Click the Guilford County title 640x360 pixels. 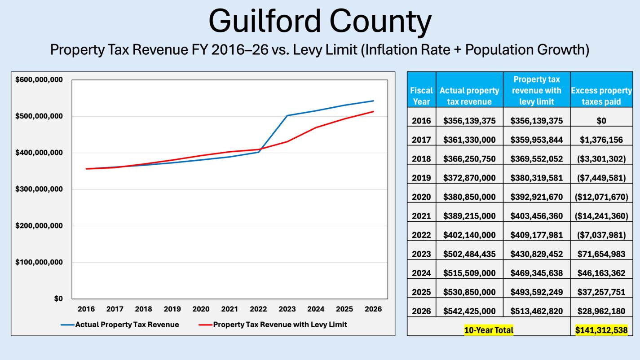(x=320, y=22)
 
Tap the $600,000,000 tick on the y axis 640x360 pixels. (x=39, y=80)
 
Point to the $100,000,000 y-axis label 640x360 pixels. (x=39, y=262)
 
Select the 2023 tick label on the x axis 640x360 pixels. (x=287, y=309)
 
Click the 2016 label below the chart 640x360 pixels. (x=86, y=309)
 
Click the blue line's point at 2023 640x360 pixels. (x=287, y=115)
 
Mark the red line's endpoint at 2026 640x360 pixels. (x=373, y=112)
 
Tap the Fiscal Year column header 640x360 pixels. (x=421, y=96)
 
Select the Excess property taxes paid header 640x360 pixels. (x=601, y=96)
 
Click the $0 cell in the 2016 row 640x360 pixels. (x=601, y=121)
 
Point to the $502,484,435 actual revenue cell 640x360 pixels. (x=469, y=254)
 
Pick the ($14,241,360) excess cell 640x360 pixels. (x=601, y=216)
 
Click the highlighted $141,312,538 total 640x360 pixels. (x=601, y=330)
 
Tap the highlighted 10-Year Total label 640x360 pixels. (x=489, y=330)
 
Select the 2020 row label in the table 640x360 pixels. (x=421, y=197)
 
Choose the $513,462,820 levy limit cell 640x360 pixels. (x=536, y=311)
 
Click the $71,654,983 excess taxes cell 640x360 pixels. (x=601, y=254)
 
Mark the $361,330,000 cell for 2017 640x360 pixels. (x=469, y=140)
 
